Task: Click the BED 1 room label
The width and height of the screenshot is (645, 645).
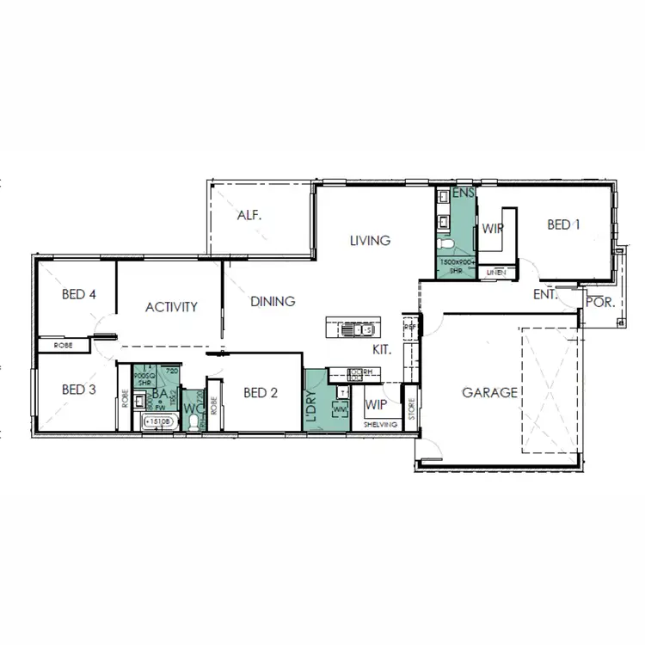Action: pos(564,225)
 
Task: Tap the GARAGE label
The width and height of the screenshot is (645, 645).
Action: pos(490,393)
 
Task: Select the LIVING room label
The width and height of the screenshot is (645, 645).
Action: pos(370,241)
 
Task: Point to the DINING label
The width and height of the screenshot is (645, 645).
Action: pos(273,302)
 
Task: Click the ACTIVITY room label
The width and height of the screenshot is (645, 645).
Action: pos(171,307)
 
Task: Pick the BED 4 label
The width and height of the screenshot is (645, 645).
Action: pos(78,295)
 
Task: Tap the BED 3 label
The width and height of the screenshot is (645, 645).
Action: pos(78,390)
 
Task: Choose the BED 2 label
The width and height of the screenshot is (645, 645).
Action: pos(261,393)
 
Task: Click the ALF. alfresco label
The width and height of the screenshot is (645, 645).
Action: pos(249,215)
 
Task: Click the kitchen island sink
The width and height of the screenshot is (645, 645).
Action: pos(351,329)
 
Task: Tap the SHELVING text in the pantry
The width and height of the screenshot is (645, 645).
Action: pos(380,425)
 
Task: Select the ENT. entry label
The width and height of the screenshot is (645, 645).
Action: pos(544,294)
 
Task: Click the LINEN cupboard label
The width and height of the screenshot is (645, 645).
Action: pos(496,273)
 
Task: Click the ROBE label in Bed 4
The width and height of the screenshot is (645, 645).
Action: pos(63,345)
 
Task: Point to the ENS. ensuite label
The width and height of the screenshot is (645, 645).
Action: pos(464,193)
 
